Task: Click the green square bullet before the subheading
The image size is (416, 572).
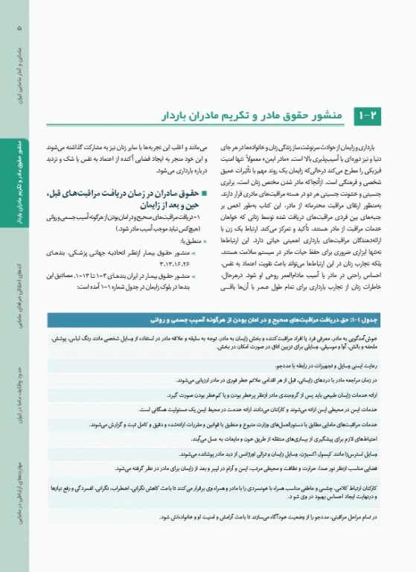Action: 193,191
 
